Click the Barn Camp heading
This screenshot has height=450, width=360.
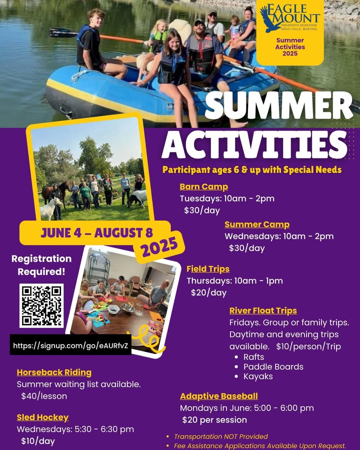point(204,186)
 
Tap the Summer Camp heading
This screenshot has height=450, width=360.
point(257,224)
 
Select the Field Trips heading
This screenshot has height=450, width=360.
point(208,269)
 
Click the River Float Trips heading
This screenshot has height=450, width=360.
point(263,310)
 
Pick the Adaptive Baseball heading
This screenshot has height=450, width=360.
point(219,396)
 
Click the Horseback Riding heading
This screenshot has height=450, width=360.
point(54,372)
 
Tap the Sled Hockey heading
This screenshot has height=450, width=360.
point(42,417)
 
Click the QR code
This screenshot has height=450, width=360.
point(41,305)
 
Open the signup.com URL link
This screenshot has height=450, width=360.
point(70,345)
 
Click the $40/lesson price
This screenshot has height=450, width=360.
point(44,396)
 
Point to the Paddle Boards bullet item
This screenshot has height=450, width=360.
point(273,367)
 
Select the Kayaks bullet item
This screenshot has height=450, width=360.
point(258,376)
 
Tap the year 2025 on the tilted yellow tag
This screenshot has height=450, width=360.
point(159,246)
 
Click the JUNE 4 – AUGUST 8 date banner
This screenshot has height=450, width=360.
point(96,232)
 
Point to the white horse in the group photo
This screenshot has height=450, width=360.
point(51,208)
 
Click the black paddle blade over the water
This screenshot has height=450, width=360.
point(62,32)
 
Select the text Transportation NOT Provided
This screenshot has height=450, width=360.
point(221,436)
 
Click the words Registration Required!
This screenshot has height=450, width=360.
point(41,265)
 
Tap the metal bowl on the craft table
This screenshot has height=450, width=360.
point(128,308)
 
